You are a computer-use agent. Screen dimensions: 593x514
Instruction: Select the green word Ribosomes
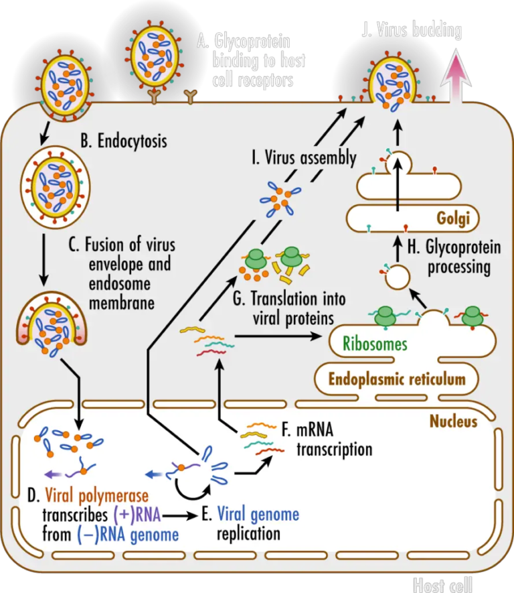coord(375,344)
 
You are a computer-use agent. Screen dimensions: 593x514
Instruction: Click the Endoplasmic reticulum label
coord(397,379)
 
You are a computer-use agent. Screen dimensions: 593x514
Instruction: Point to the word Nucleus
coord(453,421)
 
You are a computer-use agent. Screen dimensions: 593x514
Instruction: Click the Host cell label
coord(442,584)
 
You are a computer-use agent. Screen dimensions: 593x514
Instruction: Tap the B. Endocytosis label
coord(123,141)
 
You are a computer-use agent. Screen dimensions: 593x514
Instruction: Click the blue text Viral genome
coord(258,515)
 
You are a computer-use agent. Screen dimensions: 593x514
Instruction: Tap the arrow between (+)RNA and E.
coord(179,516)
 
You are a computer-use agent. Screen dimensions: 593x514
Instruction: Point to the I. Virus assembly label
coord(304,159)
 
